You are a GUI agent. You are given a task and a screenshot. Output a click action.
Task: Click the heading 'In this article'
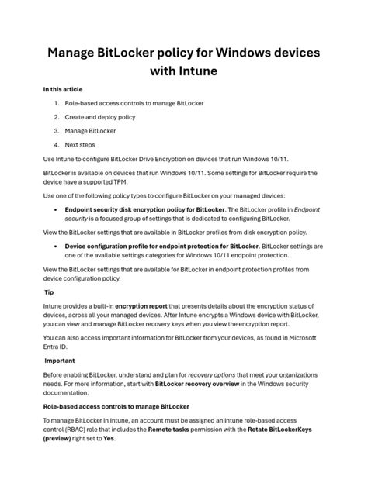[63, 90]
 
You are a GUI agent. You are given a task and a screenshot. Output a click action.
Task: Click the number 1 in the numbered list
[56, 102]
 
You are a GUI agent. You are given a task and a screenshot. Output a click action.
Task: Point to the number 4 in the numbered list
[56, 143]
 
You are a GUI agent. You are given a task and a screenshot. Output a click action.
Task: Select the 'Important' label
[60, 361]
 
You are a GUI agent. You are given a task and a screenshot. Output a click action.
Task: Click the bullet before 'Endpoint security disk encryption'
[56, 209]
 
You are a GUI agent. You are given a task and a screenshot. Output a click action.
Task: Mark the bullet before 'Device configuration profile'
[56, 247]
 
